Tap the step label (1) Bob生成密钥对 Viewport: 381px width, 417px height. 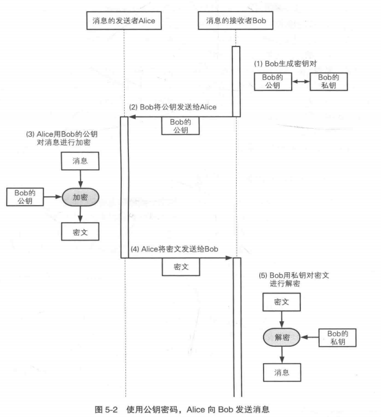(x=284, y=64)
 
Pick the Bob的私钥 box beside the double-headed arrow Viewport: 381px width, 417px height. (x=328, y=81)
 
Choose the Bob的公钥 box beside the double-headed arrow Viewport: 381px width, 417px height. (x=272, y=81)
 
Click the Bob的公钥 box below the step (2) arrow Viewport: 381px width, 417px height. (x=180, y=125)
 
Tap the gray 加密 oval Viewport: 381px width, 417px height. (x=80, y=197)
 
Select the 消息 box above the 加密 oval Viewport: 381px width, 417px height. (x=80, y=162)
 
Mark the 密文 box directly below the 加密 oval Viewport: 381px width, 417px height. (x=80, y=232)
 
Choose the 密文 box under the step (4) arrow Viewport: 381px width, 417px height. (x=180, y=267)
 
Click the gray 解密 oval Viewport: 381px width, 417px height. (x=282, y=336)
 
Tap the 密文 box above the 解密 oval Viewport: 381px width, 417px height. (x=282, y=302)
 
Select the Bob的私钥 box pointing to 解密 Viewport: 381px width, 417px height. (x=338, y=336)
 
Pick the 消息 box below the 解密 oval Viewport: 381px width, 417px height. (x=282, y=371)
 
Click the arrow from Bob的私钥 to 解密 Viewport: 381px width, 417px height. (x=310, y=336)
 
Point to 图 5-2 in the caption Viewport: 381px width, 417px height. (x=109, y=408)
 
